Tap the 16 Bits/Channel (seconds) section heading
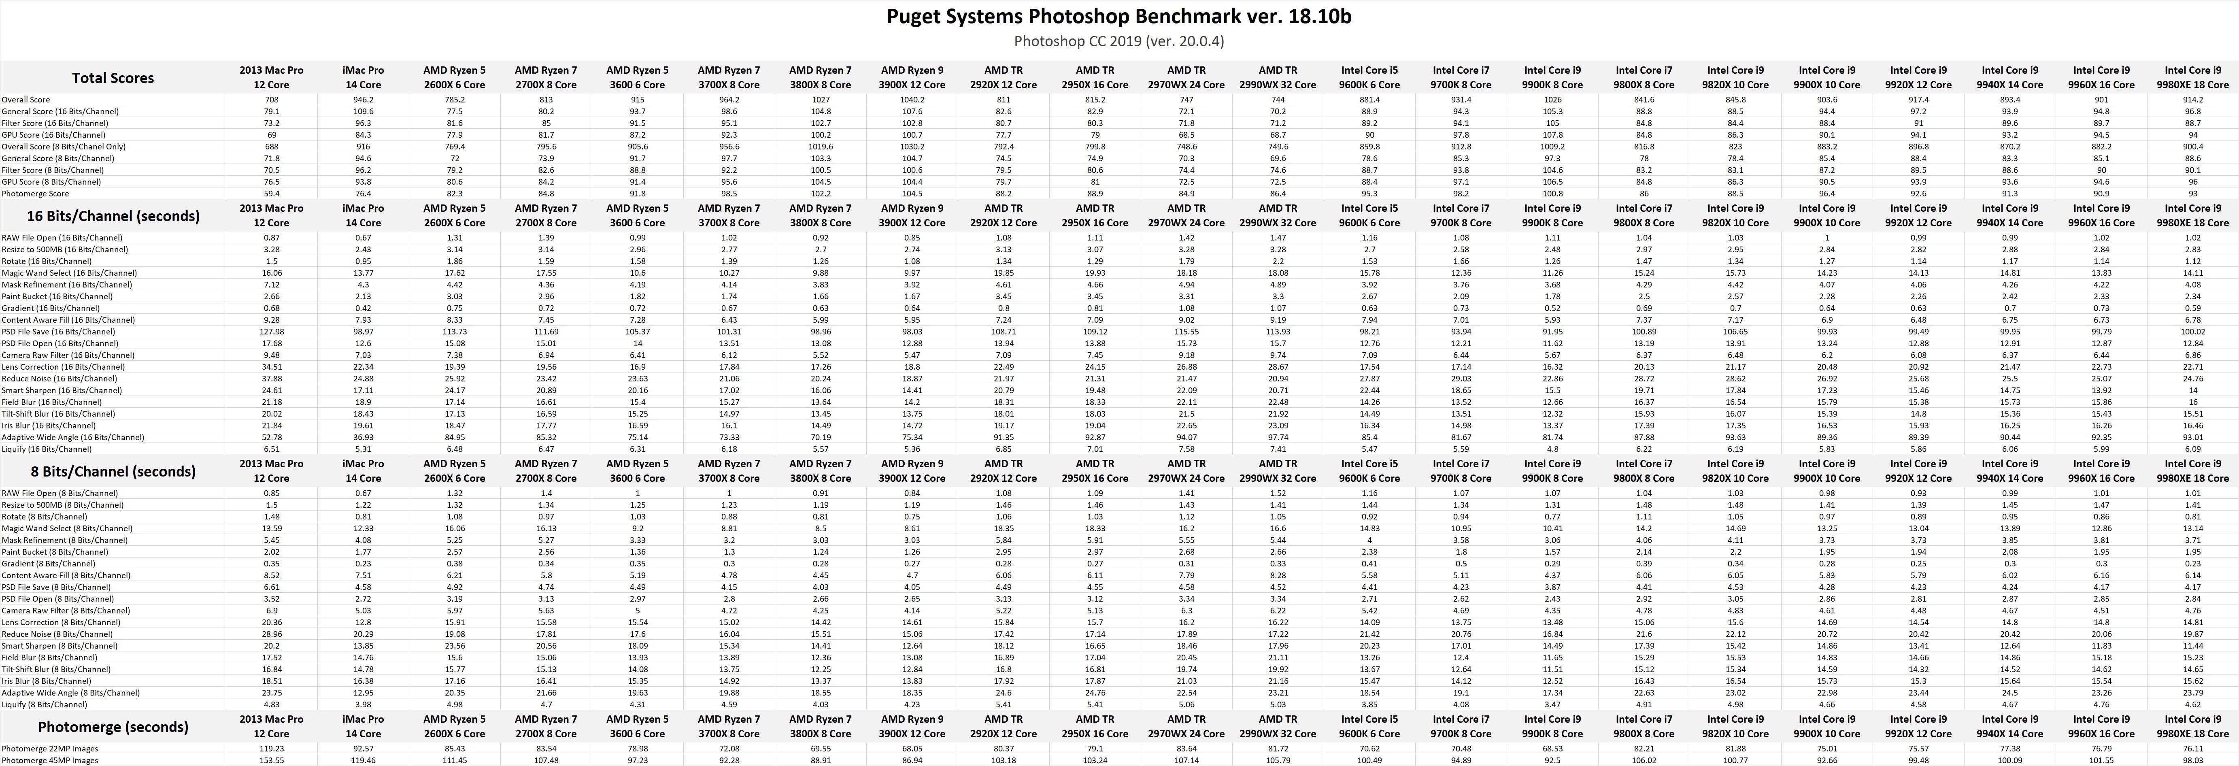[113, 216]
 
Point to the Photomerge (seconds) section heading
[113, 727]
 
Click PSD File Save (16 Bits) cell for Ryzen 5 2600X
[455, 331]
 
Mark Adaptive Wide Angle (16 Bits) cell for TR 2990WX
[1278, 437]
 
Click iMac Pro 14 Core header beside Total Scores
[363, 77]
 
